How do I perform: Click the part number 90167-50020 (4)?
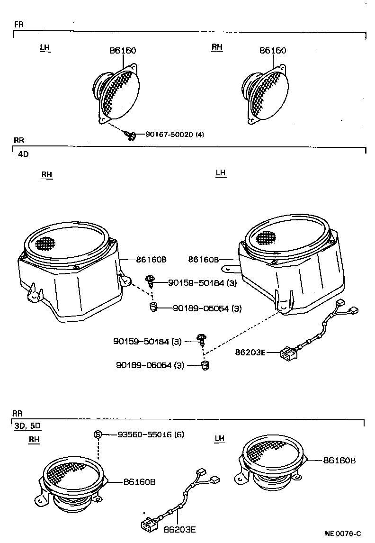pos(175,135)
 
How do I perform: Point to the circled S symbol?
pos(98,434)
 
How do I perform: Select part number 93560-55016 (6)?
pos(151,434)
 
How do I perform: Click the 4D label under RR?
pos(23,154)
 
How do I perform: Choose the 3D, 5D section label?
pos(27,425)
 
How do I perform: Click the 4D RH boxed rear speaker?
pos(69,270)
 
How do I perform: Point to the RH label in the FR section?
pos(217,47)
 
